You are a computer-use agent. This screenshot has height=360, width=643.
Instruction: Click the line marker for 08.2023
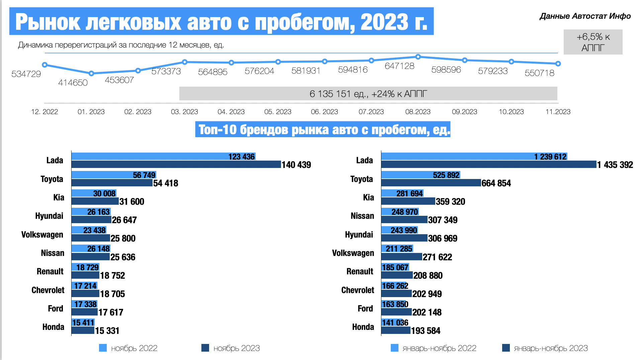418,57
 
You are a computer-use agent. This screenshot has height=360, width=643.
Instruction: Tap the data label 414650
73,83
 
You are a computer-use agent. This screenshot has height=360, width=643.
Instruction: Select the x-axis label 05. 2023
278,112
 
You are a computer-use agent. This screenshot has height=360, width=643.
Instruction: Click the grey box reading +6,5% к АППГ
593,42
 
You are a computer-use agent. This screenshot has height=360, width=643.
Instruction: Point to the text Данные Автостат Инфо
585,16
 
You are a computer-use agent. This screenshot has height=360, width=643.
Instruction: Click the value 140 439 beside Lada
296,165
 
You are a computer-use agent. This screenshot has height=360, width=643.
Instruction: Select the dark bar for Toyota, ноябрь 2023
112,183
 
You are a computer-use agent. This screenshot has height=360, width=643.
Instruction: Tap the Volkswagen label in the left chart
42,235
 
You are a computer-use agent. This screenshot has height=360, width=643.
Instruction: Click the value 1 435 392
615,165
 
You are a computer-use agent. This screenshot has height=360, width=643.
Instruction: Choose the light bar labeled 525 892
421,175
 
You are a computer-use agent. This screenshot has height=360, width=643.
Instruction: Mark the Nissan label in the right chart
362,216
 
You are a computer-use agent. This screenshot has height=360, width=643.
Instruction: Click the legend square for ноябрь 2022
103,348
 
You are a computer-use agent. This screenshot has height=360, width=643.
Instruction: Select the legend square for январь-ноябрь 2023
506,348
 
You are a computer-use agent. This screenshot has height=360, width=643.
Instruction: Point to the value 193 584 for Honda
426,331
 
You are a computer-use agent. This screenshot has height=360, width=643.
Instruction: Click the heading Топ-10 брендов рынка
323,129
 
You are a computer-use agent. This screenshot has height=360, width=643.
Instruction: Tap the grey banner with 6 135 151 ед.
368,94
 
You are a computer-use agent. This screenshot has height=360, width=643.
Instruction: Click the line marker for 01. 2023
91,73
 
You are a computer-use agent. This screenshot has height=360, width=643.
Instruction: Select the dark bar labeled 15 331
83,330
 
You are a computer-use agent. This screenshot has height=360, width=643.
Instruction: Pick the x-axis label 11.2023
558,112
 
